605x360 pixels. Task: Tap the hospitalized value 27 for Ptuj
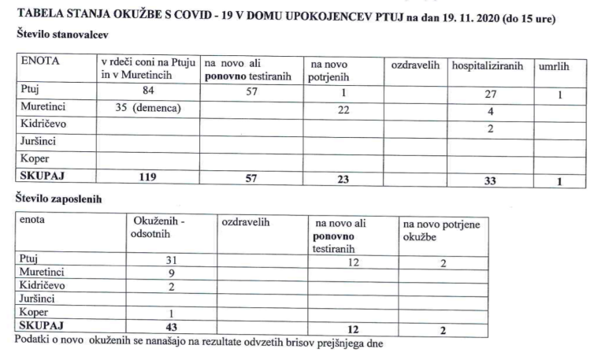pos(489,95)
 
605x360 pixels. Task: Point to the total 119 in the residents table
pos(147,178)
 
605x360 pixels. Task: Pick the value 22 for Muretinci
pos(343,109)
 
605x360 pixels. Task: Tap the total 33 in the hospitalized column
pos(489,180)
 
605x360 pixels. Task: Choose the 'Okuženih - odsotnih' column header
pos(160,227)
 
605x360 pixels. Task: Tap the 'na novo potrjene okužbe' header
pos(440,231)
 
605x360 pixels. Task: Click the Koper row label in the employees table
pos(33,311)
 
